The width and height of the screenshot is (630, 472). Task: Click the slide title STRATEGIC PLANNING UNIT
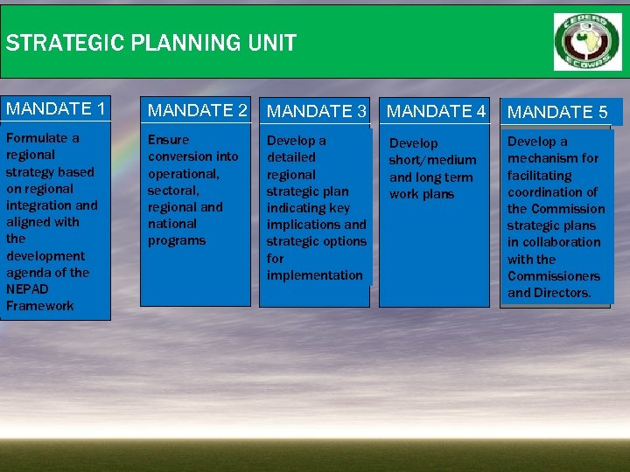pos(150,43)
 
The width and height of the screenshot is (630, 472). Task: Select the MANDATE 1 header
pos(56,108)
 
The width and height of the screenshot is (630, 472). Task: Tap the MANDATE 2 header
pos(198,110)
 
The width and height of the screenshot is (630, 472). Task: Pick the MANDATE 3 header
pos(316,111)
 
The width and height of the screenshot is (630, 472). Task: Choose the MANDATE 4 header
pos(436,111)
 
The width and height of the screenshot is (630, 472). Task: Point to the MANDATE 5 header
pos(557,112)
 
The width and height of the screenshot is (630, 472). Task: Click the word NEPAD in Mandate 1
pos(27,288)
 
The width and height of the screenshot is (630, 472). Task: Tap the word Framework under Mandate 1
pos(40,306)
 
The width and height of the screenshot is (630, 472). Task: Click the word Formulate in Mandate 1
pos(37,138)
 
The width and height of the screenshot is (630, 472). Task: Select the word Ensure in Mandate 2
pos(168,140)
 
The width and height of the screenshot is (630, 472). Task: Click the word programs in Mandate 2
pos(176,240)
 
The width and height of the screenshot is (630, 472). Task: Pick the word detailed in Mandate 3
pos(291,157)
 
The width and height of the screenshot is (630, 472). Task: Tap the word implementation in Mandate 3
pos(314,275)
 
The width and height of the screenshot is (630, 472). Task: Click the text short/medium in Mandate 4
pos(432,160)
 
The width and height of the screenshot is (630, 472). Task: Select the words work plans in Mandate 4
pos(422,194)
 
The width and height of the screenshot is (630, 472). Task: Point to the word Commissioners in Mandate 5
pos(554,276)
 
